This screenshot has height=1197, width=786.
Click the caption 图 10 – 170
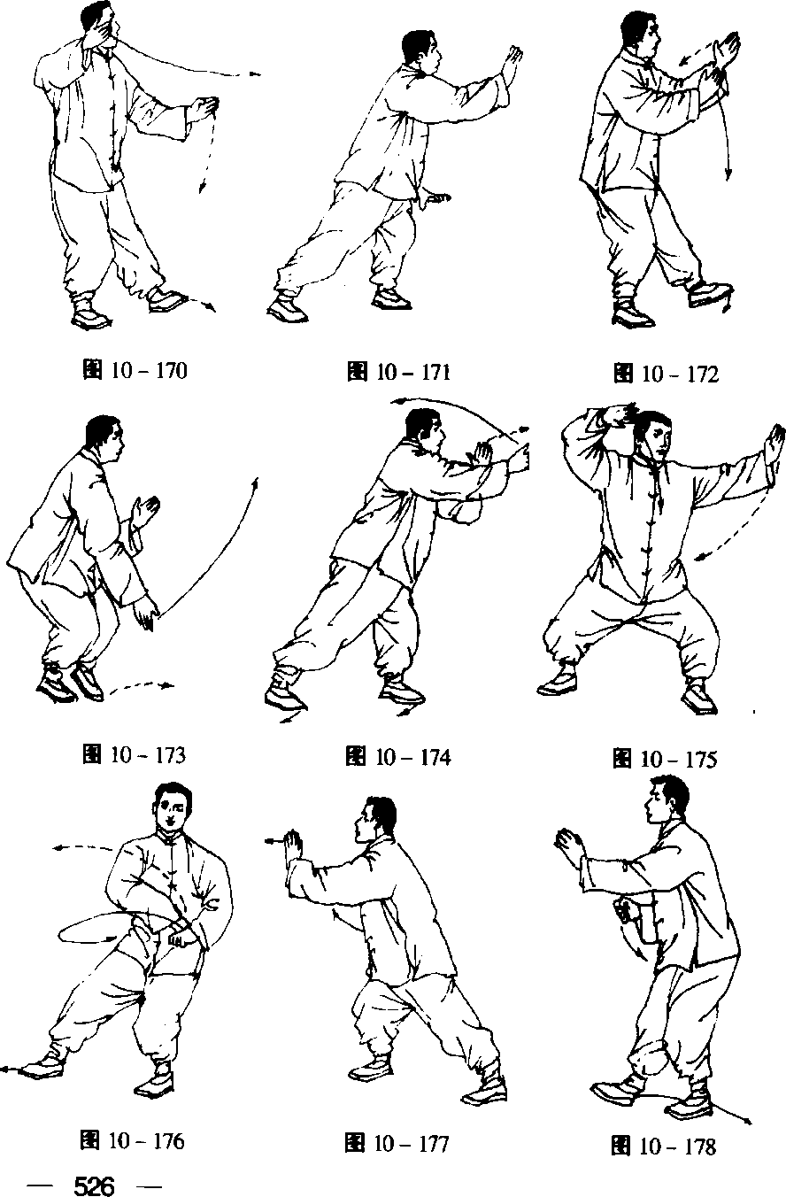135,370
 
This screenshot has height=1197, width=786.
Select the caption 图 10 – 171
398,372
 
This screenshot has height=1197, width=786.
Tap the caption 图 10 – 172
666,374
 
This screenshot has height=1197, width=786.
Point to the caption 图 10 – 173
135,754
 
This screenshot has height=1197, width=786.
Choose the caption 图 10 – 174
398,757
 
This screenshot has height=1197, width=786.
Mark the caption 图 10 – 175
665,759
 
